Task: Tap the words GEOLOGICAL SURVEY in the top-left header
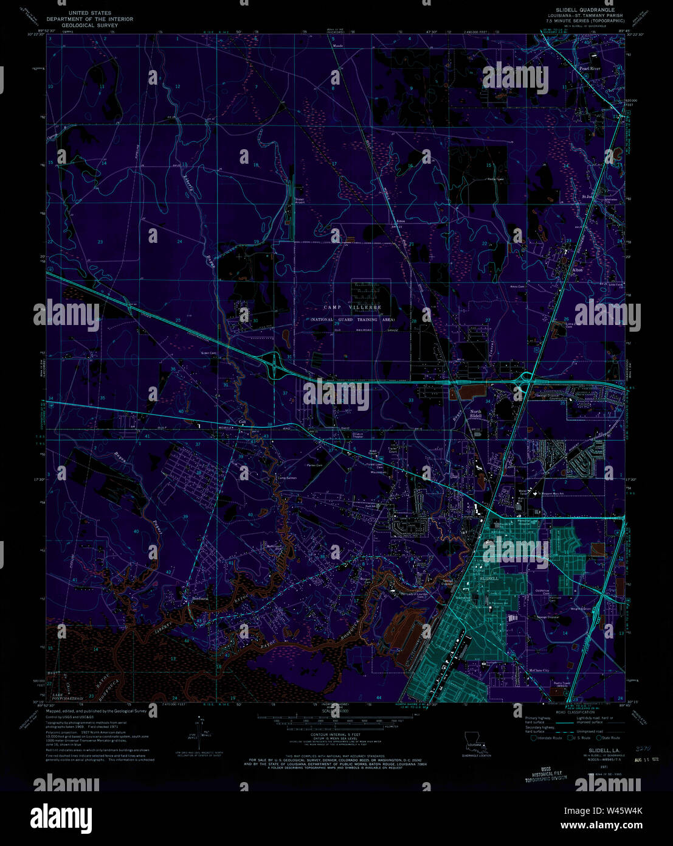point(90,26)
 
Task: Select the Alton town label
point(577,269)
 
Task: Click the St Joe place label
point(587,197)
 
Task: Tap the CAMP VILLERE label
point(352,308)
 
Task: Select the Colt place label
point(242,421)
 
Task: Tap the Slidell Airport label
point(300,200)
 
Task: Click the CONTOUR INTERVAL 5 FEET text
point(336,735)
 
